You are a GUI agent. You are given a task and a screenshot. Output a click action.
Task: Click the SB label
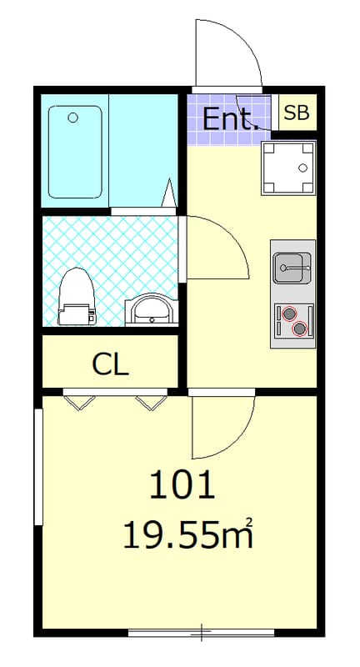[x=297, y=113]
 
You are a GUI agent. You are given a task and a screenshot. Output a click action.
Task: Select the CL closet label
[x=111, y=364]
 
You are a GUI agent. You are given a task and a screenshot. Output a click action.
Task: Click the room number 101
[x=182, y=484]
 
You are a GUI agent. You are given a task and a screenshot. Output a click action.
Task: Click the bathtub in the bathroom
[x=75, y=152]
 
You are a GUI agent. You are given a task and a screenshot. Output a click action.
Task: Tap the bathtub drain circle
[x=73, y=117]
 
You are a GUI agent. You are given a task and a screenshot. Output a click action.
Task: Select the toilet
[x=77, y=296]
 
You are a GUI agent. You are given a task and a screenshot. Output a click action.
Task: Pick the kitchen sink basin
[x=292, y=268]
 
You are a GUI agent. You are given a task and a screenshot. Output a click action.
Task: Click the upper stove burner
[x=289, y=314]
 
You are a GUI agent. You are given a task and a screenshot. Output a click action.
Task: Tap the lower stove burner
[x=300, y=328]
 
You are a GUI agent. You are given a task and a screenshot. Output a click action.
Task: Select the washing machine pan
[x=288, y=168]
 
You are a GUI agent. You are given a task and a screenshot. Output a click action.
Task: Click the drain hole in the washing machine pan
[x=302, y=168]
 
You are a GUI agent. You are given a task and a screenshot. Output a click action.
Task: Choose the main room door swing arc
[x=238, y=439]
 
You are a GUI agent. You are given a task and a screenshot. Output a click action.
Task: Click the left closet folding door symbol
[x=79, y=403]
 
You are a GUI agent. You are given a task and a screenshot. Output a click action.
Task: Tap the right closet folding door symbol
[x=152, y=403]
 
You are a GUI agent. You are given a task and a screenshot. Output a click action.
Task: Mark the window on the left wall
[x=38, y=467]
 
